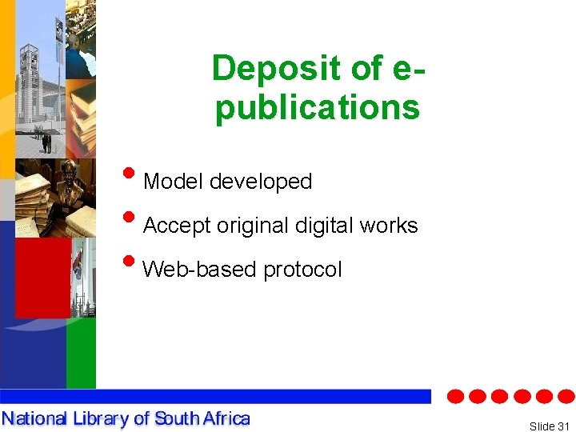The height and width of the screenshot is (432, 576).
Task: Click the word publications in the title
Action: click(318, 107)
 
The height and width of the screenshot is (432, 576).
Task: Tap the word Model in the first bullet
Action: click(174, 182)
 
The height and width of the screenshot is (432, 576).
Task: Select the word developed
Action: click(261, 182)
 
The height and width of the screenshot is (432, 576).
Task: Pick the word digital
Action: click(325, 226)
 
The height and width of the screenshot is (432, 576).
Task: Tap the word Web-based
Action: click(199, 270)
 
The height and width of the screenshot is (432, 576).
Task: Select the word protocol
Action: click(303, 270)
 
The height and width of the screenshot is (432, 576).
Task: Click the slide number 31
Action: click(564, 426)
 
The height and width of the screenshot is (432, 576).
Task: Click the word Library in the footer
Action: click(98, 418)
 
